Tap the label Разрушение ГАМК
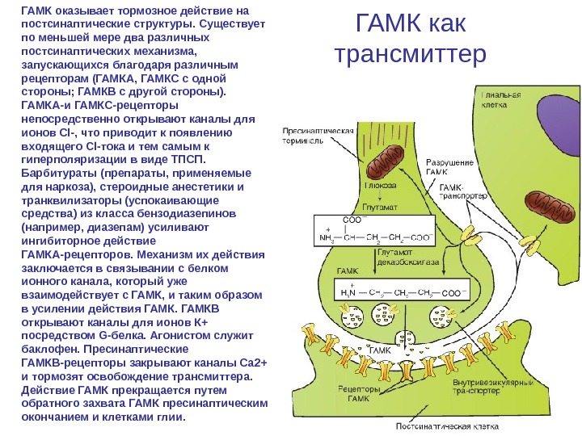pos(449,167)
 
